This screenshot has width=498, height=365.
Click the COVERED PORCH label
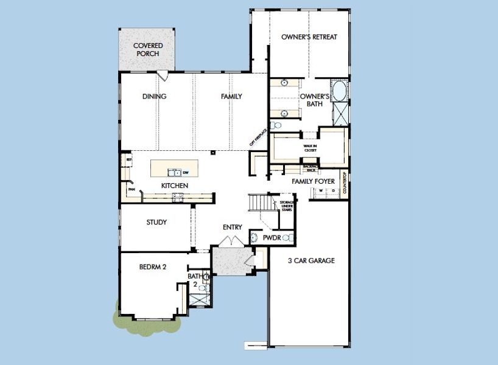[147, 49]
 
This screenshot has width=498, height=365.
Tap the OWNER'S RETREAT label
[309, 36]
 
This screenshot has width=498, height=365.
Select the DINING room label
[154, 96]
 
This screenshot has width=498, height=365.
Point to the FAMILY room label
[231, 96]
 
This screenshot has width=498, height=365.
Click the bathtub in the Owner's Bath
[338, 91]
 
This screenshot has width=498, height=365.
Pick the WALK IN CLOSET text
[312, 148]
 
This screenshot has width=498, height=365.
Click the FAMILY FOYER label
[313, 181]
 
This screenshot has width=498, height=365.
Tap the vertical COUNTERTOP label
[345, 184]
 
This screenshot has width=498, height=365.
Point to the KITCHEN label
[174, 186]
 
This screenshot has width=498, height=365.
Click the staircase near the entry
[258, 202]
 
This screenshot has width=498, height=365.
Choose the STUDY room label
[156, 222]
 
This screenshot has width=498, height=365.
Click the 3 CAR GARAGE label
[311, 260]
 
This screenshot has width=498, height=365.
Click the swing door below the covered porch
[162, 75]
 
